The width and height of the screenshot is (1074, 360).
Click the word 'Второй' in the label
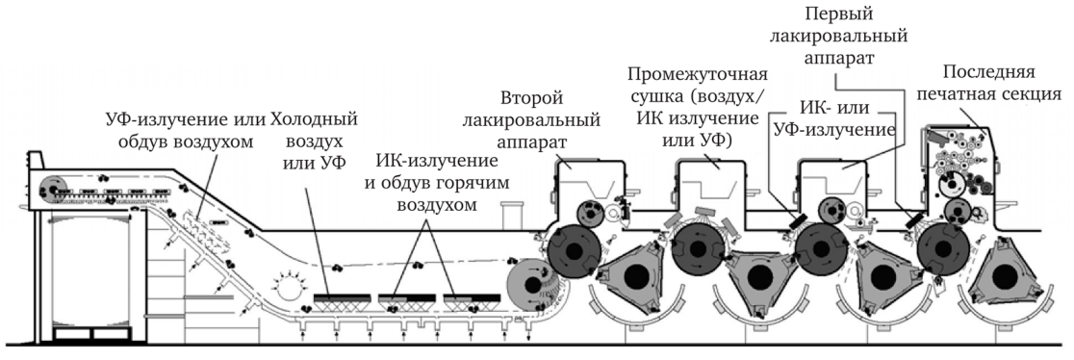point(531,99)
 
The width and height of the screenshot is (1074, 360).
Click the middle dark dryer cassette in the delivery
point(403,299)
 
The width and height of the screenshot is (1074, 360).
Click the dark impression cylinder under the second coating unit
point(576,252)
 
